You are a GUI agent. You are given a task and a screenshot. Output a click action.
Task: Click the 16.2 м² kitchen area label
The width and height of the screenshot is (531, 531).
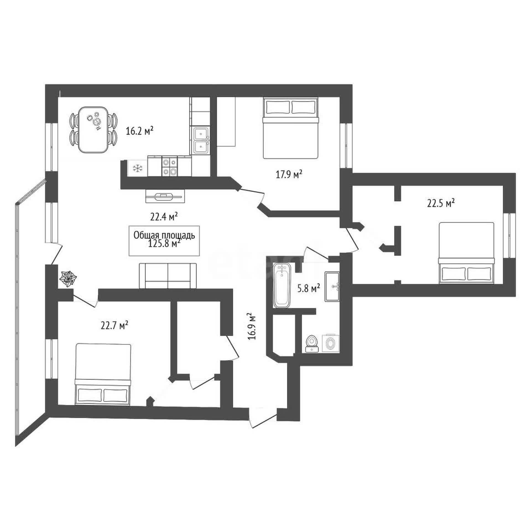(x=140, y=131)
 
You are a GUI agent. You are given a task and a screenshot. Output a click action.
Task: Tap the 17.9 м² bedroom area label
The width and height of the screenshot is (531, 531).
(x=289, y=175)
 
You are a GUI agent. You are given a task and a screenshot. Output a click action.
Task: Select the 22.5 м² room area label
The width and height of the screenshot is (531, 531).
(x=441, y=203)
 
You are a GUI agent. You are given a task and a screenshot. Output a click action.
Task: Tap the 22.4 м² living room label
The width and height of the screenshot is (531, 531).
(x=164, y=217)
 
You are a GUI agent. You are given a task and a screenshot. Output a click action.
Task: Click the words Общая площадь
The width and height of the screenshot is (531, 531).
(x=164, y=235)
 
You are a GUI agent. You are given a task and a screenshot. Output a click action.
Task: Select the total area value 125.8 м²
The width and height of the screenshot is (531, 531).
(x=165, y=244)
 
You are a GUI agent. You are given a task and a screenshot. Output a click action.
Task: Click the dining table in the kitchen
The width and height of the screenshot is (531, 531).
(x=93, y=130)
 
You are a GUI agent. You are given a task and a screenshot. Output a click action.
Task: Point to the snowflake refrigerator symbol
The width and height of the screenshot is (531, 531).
(x=137, y=168)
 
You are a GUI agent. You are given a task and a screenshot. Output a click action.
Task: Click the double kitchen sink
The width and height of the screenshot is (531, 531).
(x=200, y=140)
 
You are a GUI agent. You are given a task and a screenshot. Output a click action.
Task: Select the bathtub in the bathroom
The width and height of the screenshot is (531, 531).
(x=282, y=285)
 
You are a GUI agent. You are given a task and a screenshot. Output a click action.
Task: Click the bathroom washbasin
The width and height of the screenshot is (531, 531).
(x=333, y=286)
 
